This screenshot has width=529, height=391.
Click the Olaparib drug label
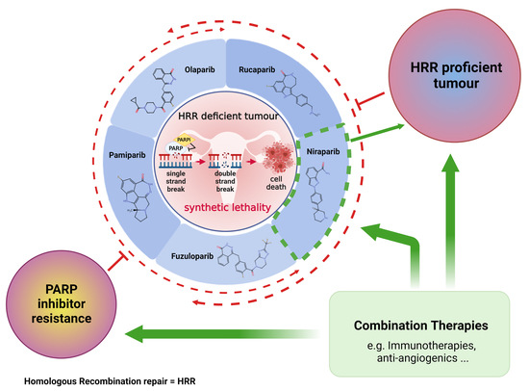(x=196, y=70)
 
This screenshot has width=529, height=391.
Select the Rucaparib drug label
(x=260, y=70)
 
